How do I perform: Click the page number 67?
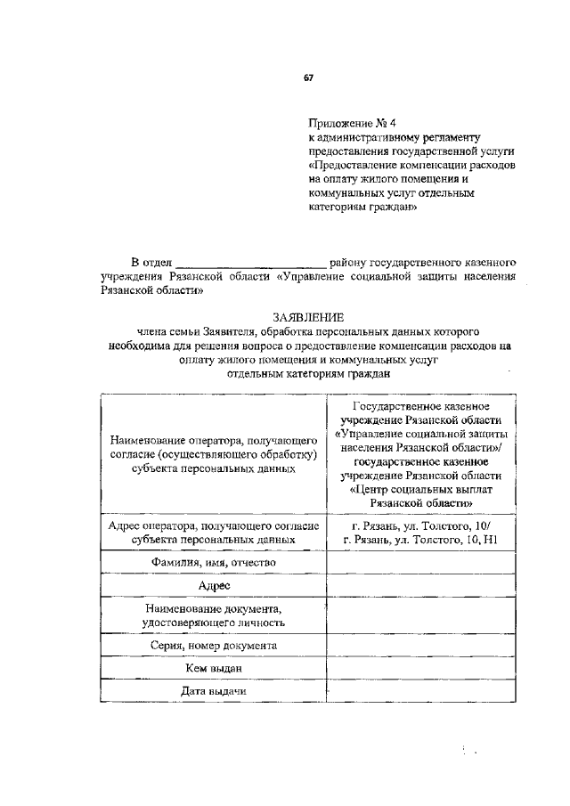tap(308, 78)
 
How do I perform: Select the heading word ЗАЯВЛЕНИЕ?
tap(308, 316)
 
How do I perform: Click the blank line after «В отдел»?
tap(252, 264)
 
